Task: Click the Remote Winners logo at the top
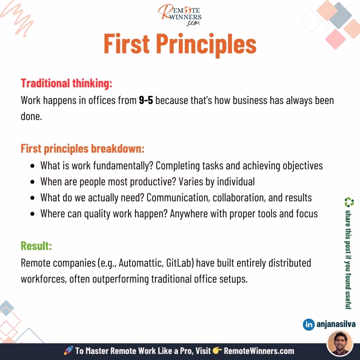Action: point(180,15)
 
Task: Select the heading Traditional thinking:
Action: point(66,83)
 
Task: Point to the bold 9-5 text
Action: point(146,100)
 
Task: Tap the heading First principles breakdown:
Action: point(83,149)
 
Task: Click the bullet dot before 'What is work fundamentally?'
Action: point(32,166)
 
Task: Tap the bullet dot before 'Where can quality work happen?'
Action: point(32,214)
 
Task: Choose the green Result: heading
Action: point(36,246)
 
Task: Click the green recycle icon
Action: point(349,202)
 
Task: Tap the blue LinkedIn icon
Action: point(309,324)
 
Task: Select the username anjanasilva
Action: point(336,324)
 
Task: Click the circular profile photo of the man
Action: point(340,343)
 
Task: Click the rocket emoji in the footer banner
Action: point(69,351)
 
